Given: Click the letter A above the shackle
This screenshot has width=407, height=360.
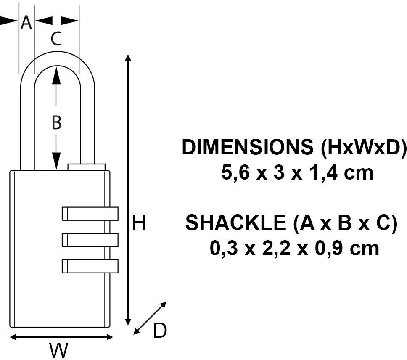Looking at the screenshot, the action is coord(26,22).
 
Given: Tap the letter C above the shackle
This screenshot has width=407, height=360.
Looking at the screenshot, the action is coord(56,38).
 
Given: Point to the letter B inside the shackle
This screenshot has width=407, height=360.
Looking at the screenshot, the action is coord(57,122).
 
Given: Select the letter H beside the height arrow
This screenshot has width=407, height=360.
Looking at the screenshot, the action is coord(139,223).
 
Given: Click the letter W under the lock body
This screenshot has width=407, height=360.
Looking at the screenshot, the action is coord(59,350).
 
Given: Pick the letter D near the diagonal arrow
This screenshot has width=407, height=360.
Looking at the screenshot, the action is coord(160,330).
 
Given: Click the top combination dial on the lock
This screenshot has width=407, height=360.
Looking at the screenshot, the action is coord(90,214).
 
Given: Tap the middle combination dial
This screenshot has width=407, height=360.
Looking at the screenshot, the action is coord(90,240).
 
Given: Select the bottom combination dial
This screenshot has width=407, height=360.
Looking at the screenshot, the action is coord(90,266).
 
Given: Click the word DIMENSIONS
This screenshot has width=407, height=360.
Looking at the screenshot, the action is coord(248,147).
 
